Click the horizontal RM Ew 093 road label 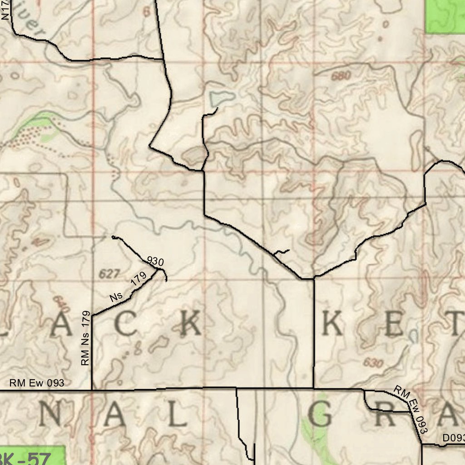[37, 383]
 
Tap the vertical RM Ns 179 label [85, 338]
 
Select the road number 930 [155, 262]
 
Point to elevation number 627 [109, 274]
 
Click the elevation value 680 [341, 76]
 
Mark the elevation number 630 [373, 363]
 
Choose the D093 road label [453, 438]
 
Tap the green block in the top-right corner [445, 16]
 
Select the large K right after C [189, 326]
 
